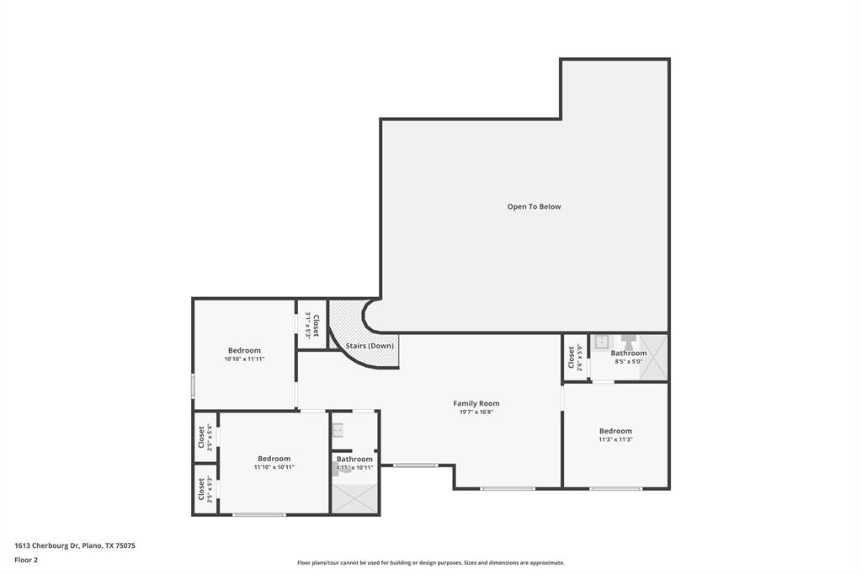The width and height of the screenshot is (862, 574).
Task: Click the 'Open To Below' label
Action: tap(534, 206)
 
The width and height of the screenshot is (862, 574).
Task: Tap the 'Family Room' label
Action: tap(476, 403)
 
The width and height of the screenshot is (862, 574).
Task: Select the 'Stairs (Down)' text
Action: tap(370, 345)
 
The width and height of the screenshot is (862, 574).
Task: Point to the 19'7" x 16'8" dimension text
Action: tap(476, 412)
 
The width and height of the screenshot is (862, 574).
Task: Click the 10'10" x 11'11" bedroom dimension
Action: tap(244, 359)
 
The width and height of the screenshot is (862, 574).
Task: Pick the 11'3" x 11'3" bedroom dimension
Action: tap(615, 439)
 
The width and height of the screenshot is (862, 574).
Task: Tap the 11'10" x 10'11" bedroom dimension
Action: tap(274, 467)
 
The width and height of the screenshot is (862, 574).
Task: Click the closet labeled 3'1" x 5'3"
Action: tap(312, 325)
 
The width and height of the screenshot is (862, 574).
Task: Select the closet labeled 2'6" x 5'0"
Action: tap(575, 358)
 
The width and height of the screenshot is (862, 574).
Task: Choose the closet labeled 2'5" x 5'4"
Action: tap(205, 437)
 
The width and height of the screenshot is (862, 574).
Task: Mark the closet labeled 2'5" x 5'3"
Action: tap(205, 489)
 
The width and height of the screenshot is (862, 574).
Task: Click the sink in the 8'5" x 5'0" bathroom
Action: tap(602, 342)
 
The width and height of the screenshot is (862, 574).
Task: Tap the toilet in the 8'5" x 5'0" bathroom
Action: tap(629, 341)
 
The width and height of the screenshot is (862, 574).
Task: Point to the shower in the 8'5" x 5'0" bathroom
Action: tap(654, 358)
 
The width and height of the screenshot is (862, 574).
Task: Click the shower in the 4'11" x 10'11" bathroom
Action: tap(354, 497)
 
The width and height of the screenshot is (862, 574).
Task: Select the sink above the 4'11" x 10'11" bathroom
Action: tap(338, 430)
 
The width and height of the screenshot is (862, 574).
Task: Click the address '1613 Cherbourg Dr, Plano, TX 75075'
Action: tap(75, 545)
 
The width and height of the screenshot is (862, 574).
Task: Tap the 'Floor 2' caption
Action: tap(26, 560)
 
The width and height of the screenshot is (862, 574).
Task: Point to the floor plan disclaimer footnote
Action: tap(431, 563)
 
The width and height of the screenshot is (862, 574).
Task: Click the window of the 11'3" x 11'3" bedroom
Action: tap(615, 488)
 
